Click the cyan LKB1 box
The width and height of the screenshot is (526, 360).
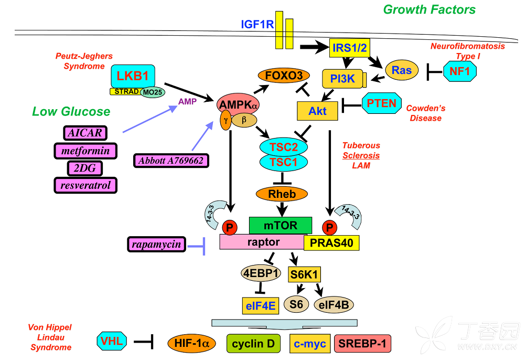[133, 76]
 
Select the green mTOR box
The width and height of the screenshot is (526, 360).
[280, 226]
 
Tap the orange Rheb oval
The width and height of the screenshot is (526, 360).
[282, 194]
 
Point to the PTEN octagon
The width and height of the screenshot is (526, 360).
[381, 103]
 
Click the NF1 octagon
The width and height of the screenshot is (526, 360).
[459, 71]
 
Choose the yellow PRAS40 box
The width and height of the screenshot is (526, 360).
[331, 242]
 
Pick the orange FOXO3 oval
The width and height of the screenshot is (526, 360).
[284, 76]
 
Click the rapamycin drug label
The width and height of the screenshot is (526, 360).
[156, 244]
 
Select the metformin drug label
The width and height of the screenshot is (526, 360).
[85, 151]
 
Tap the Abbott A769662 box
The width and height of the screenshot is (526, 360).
[171, 161]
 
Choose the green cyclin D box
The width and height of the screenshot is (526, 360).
[253, 344]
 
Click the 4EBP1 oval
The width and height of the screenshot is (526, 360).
[261, 273]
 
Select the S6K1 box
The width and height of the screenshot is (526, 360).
[305, 274]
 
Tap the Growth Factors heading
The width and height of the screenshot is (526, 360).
[429, 9]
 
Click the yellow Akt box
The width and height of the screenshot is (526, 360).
[316, 110]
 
